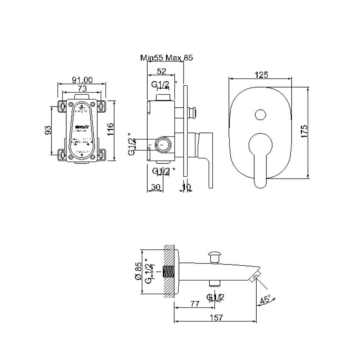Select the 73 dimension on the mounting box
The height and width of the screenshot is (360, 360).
(x=82, y=88)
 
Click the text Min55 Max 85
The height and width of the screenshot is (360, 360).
(x=166, y=58)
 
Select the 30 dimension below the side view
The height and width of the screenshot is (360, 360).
(x=156, y=187)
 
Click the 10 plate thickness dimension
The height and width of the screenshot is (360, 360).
(x=186, y=187)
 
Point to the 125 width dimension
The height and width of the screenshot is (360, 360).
(x=261, y=75)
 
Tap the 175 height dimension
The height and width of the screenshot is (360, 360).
(x=304, y=132)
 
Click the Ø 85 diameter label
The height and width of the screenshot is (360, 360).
(x=138, y=272)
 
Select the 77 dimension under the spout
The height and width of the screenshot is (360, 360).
(x=195, y=304)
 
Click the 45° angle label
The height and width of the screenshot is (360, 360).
(x=266, y=300)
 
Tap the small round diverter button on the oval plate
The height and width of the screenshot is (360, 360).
(x=260, y=115)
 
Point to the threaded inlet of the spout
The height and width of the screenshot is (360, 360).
(x=168, y=271)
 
